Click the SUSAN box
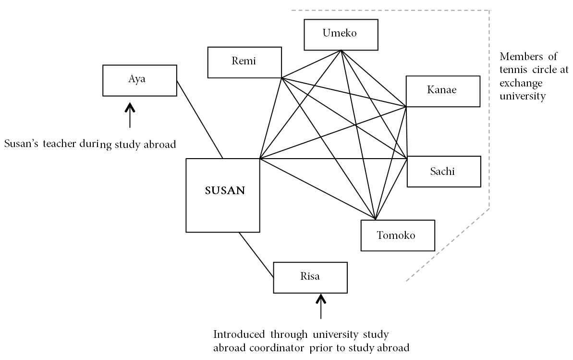pyautogui.click(x=223, y=195)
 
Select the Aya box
pyautogui.click(x=140, y=80)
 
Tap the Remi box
pyautogui.click(x=244, y=62)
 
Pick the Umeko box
pyautogui.click(x=341, y=35)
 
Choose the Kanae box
pyautogui.click(x=443, y=91)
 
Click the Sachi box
pyautogui.click(x=444, y=172)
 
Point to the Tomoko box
pyautogui.click(x=398, y=235)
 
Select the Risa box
pyautogui.click(x=310, y=278)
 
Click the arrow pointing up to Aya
pyautogui.click(x=130, y=115)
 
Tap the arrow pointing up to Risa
pyautogui.click(x=321, y=307)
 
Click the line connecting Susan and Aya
pyautogui.click(x=200, y=119)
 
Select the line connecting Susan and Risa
pyautogui.click(x=256, y=255)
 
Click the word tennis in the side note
pyautogui.click(x=513, y=70)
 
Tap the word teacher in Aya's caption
pyautogui.click(x=59, y=143)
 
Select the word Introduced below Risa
pyautogui.click(x=239, y=335)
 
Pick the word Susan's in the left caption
pyautogui.click(x=21, y=143)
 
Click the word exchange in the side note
pyautogui.click(x=521, y=84)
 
